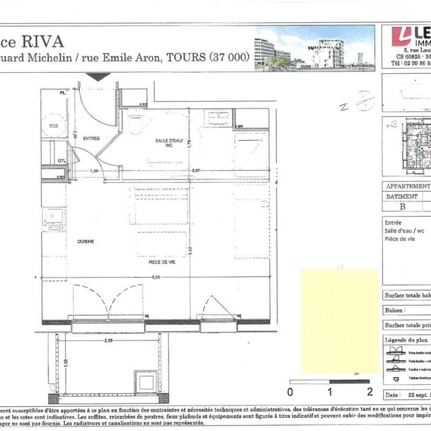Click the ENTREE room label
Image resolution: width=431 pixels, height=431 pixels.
(92, 138)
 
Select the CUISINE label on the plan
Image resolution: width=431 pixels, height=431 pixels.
(86, 241)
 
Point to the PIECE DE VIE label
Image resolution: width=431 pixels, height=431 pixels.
(162, 262)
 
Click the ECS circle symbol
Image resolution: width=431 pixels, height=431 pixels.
(54, 126)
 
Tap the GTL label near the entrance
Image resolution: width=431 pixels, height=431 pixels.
(61, 161)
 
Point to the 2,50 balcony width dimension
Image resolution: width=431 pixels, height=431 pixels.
(108, 341)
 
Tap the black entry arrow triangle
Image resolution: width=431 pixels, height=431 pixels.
(98, 77)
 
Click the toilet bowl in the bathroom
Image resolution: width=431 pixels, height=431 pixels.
(136, 123)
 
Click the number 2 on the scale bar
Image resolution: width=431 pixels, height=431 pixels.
(370, 392)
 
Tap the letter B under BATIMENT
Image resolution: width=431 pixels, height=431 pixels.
(402, 205)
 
